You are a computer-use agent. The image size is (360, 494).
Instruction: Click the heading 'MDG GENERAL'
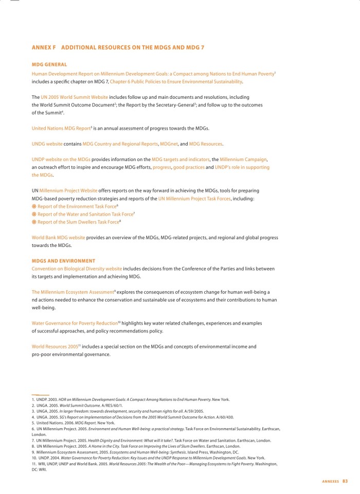tap(49, 65)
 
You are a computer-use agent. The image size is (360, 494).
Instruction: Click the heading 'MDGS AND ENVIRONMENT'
tap(63, 261)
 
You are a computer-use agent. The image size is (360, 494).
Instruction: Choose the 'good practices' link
tap(188, 167)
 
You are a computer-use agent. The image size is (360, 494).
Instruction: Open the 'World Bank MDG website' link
tap(58, 238)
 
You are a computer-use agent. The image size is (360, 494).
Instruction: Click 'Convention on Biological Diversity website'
tap(77, 269)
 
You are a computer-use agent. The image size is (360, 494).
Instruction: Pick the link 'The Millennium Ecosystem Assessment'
tap(72, 292)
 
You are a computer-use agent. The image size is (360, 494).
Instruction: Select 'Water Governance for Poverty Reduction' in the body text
tap(75, 323)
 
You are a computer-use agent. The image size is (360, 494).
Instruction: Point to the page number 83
tap(345, 481)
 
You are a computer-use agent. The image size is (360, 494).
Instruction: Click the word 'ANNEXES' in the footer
tap(330, 481)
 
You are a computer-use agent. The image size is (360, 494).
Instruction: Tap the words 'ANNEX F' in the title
tap(43, 47)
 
